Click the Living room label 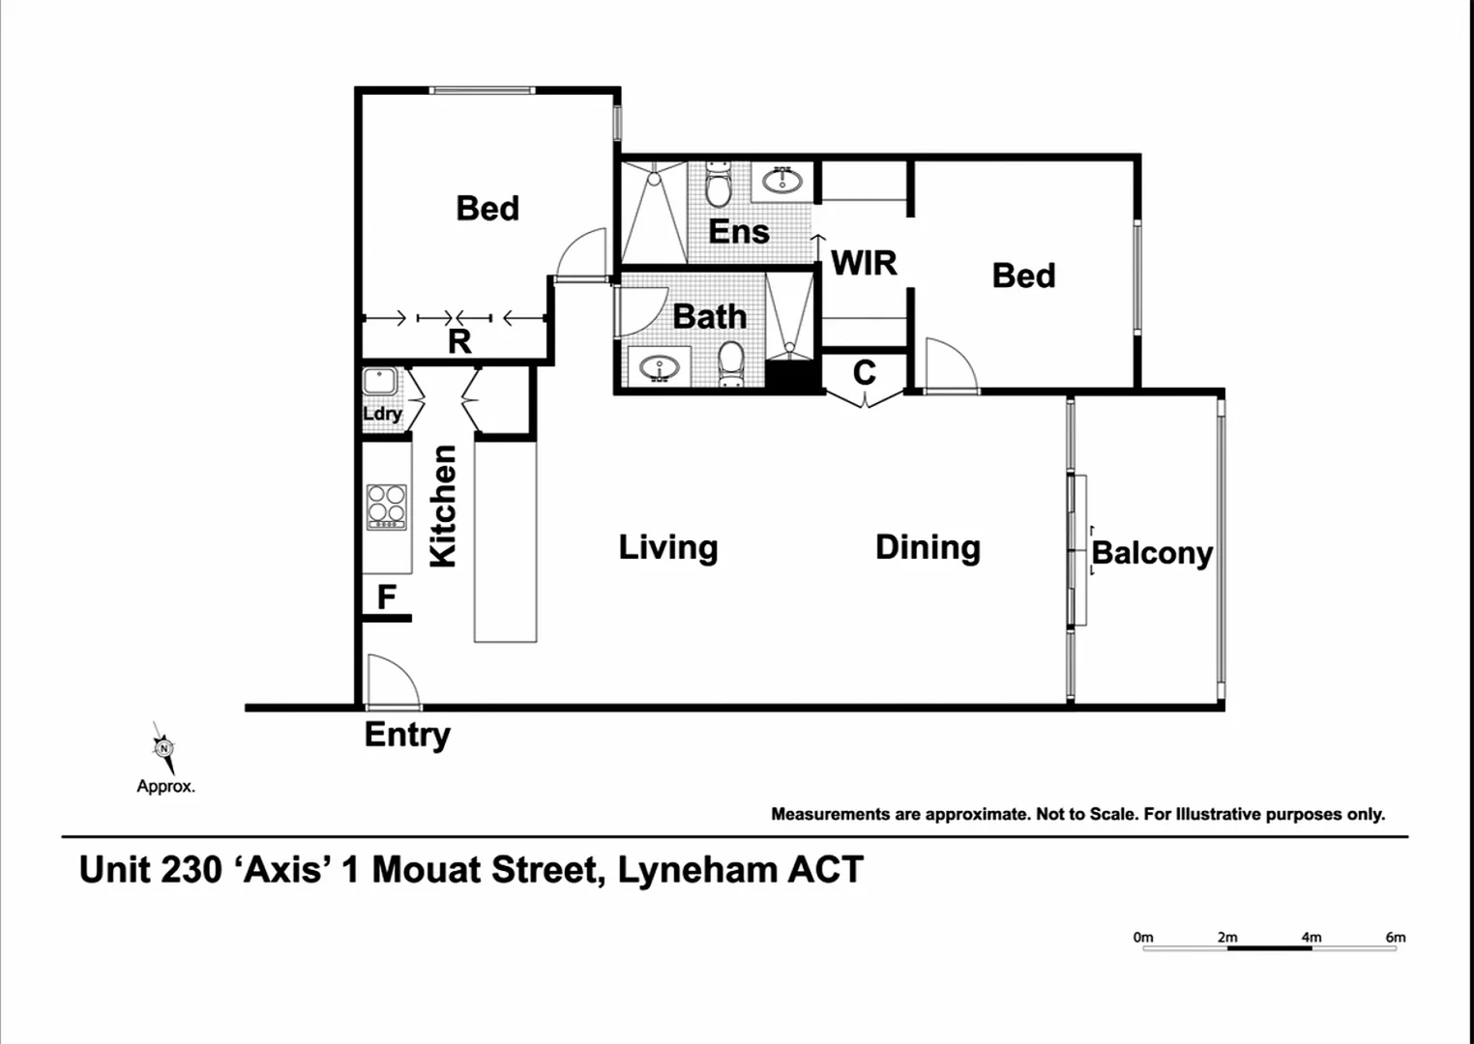coord(667,547)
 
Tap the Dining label coord(928,547)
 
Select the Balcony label coord(1151,553)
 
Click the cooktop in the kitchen coord(386,507)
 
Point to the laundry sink coord(379,382)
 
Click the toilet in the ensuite coord(718,185)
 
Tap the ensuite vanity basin coord(781,180)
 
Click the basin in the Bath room coord(660,367)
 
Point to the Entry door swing coord(391,681)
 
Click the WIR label coord(864,263)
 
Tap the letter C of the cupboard coord(864,372)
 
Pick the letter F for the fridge coord(386,597)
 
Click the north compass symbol coord(163,748)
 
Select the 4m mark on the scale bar coord(1311,938)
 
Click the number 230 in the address coord(190,870)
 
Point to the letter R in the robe coord(459,341)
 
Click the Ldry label coord(382,414)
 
